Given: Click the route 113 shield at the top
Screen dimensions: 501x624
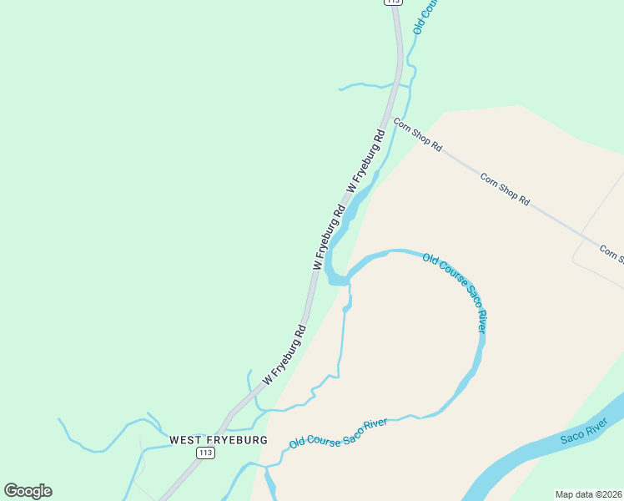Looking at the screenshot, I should [x=394, y=3].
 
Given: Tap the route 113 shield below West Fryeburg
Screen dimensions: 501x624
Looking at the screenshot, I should [x=205, y=453].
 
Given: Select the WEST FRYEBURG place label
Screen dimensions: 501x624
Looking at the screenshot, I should [x=219, y=439].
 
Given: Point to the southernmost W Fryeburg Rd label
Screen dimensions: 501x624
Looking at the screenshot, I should [x=284, y=355].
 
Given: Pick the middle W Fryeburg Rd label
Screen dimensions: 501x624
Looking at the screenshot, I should [x=329, y=238].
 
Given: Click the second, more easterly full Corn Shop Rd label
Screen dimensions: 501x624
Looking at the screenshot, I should [x=505, y=189].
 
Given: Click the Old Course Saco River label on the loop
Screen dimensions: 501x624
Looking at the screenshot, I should [x=455, y=292].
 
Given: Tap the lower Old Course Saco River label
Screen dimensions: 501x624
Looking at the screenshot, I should [x=339, y=433].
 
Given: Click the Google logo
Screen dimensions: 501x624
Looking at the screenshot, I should [x=28, y=491].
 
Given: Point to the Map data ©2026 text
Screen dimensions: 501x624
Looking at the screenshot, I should [x=589, y=493].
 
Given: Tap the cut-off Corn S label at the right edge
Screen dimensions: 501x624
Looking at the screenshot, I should [x=611, y=253].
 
